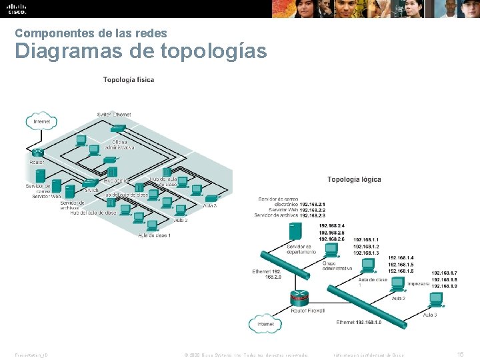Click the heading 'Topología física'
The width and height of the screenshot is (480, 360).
[x=128, y=80]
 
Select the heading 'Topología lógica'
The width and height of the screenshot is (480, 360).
[x=354, y=179]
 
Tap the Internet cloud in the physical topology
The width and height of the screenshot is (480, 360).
[x=41, y=121]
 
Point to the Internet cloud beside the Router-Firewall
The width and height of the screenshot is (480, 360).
[x=265, y=325]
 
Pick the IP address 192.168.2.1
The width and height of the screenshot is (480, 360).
[x=313, y=205]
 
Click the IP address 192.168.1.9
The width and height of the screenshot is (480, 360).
[x=444, y=286]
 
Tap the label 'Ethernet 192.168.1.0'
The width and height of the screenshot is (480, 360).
[x=359, y=323]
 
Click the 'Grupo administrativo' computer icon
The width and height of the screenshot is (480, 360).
[x=331, y=251]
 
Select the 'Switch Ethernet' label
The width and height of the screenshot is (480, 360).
[x=114, y=115]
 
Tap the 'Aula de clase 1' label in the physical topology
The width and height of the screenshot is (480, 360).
[x=155, y=235]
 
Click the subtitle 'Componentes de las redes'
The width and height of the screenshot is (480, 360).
[x=91, y=33]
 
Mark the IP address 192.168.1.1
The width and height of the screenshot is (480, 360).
[x=366, y=239]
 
